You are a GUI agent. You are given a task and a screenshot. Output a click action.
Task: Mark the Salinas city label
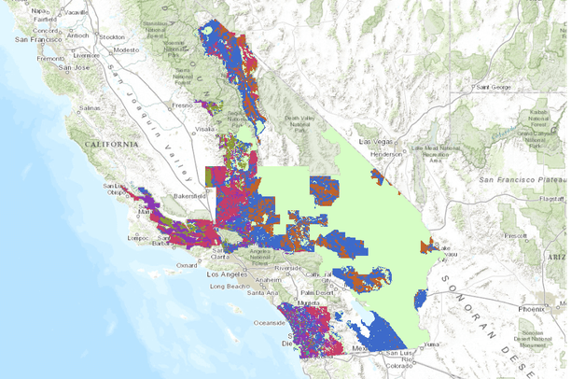tap(89, 108)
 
